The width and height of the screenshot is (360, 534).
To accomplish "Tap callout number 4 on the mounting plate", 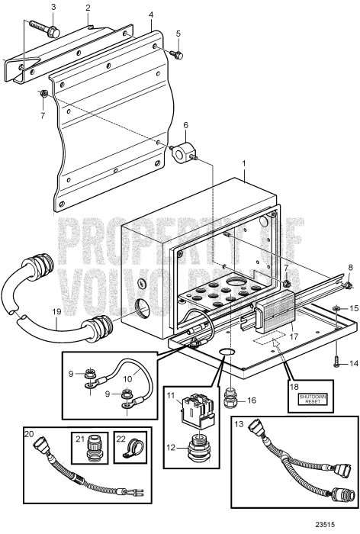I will [151, 14].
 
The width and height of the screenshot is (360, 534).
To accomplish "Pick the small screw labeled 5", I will [176, 53].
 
